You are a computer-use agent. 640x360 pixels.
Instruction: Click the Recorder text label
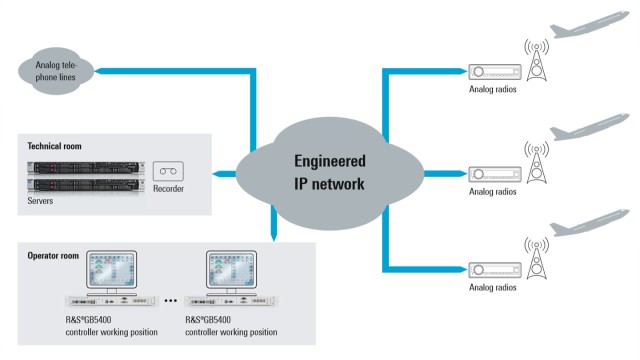(x=168, y=189)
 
